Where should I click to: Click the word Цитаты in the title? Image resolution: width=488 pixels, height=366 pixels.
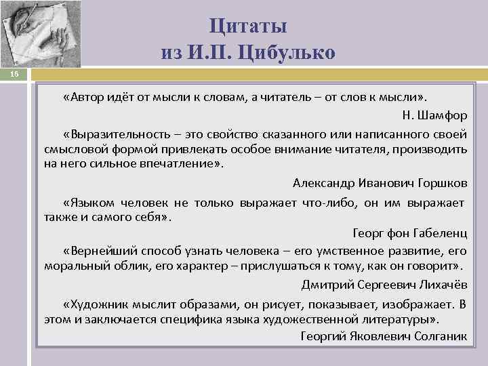click(248, 26)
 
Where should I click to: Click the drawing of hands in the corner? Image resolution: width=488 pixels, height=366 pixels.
click(41, 34)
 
